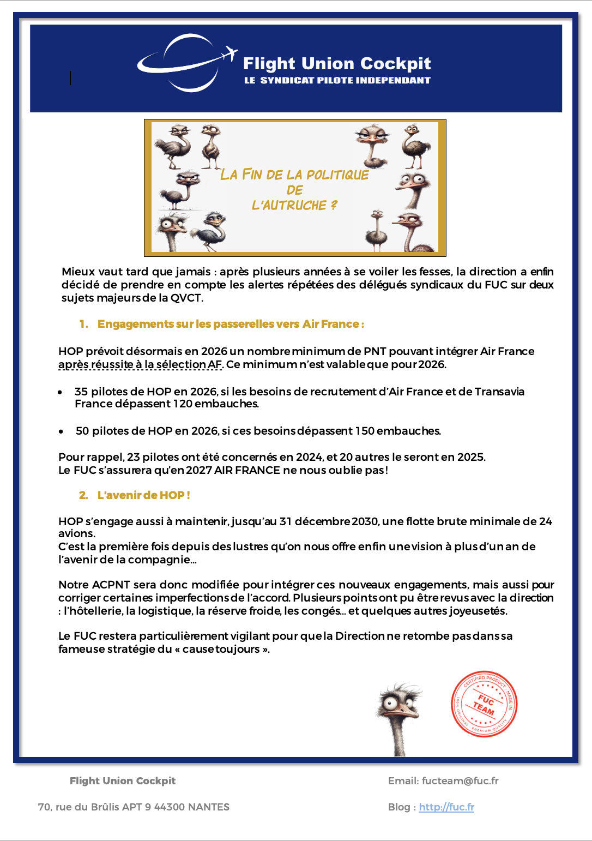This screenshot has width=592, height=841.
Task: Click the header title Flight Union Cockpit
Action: tap(337, 64)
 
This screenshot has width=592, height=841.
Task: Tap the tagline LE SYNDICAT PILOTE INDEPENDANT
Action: tap(337, 80)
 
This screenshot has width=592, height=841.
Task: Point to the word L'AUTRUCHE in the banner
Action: tap(289, 206)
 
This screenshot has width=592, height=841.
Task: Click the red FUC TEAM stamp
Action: tap(484, 704)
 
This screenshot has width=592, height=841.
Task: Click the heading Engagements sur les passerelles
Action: tap(230, 324)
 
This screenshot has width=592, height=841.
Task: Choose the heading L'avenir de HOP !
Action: tap(143, 495)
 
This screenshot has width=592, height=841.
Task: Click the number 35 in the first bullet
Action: tap(81, 392)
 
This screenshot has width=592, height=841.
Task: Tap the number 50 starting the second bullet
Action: tap(82, 431)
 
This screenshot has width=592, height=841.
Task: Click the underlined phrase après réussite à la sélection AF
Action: tap(140, 364)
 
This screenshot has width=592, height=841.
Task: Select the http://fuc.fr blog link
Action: tap(446, 807)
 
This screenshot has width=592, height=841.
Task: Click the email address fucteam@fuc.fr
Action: tap(460, 780)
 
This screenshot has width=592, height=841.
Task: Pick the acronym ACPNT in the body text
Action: tap(111, 585)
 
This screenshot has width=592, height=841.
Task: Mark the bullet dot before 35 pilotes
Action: tap(61, 392)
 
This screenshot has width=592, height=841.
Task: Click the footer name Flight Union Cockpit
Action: tap(123, 780)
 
